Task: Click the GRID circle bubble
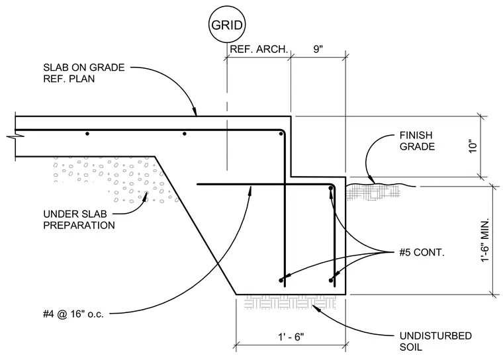227,24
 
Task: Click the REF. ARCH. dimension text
259,49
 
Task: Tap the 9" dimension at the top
318,49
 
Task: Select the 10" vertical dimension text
473,146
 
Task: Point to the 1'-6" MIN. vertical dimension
484,240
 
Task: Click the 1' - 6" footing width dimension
291,337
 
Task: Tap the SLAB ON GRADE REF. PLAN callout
84,73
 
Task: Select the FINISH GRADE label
417,140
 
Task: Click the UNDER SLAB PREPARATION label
79,220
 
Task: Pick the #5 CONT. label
422,252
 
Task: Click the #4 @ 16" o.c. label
73,314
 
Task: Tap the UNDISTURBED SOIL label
435,341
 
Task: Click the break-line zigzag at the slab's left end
15,136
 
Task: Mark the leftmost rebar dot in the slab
87,134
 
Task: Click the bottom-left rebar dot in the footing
281,281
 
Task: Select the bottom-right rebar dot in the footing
331,281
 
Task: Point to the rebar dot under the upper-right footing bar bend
330,189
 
